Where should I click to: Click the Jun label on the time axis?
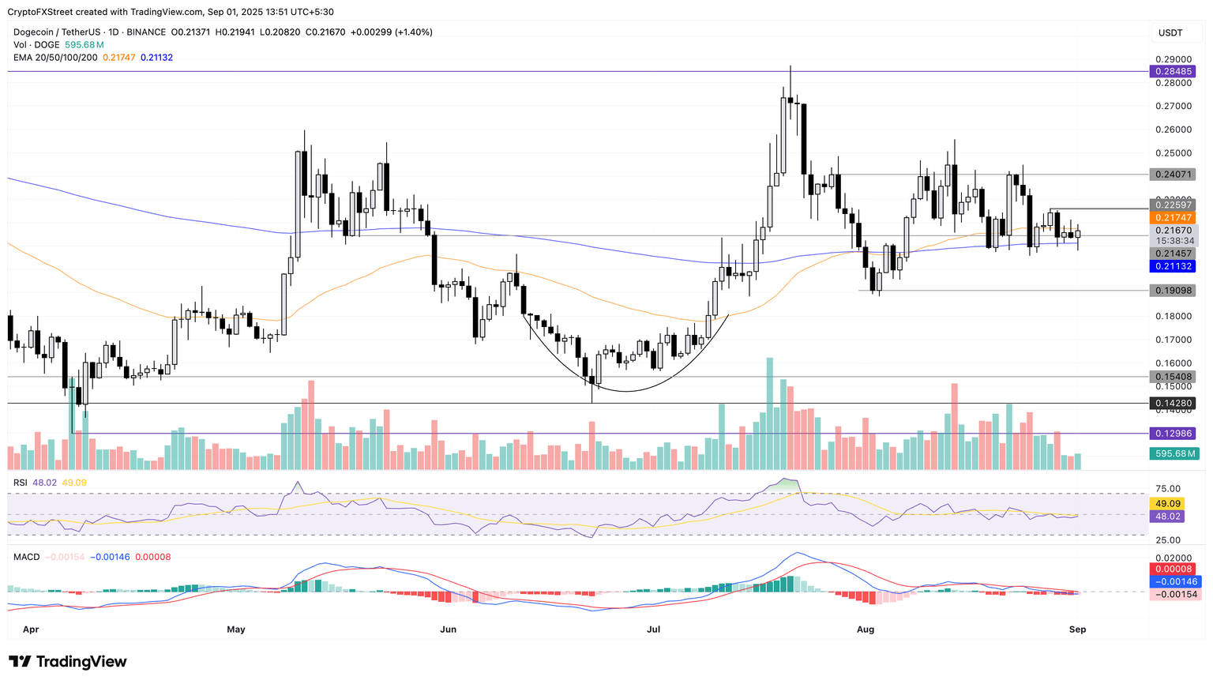[x=448, y=630]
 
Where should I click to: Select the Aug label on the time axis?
[x=866, y=630]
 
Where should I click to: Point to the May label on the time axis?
[x=235, y=630]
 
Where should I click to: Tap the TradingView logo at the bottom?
[x=68, y=662]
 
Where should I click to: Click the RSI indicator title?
[x=20, y=483]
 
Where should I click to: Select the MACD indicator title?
[x=26, y=557]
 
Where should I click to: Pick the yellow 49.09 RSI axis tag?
[x=1168, y=503]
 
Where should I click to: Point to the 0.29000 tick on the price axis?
[x=1173, y=59]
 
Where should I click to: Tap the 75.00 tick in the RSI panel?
[x=1168, y=489]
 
